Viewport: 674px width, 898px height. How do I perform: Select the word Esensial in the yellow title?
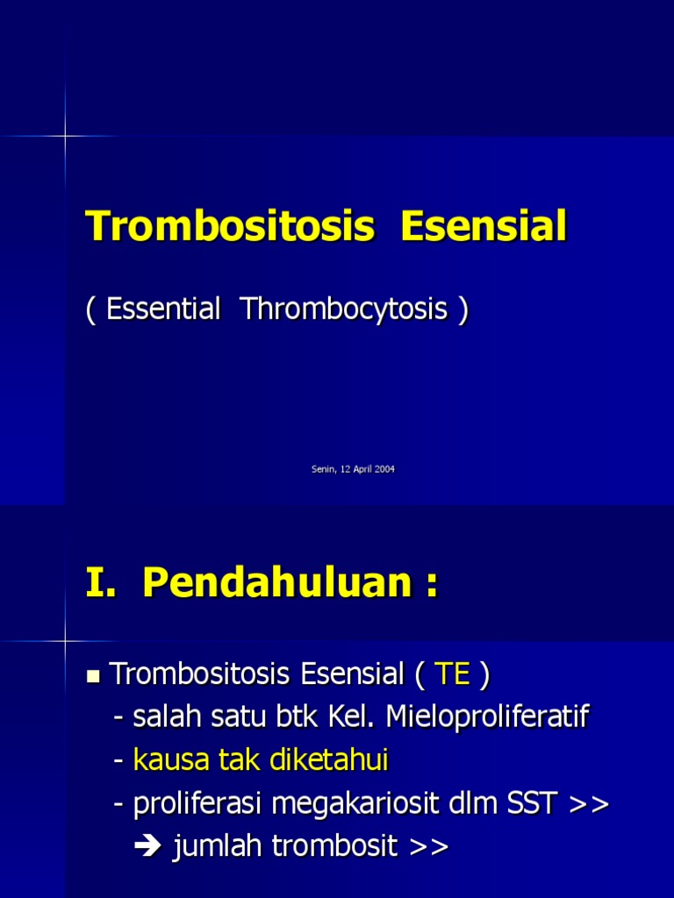click(484, 227)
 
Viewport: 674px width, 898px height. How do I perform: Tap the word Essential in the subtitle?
click(163, 310)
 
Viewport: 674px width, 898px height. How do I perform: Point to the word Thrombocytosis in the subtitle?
click(344, 310)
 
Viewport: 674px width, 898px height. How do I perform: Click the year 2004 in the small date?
click(384, 469)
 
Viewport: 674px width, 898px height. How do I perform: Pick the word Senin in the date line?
click(323, 469)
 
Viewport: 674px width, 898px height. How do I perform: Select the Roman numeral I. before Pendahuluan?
click(102, 583)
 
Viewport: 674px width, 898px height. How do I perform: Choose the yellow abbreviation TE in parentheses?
click(453, 675)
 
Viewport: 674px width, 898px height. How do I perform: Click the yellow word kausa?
click(171, 760)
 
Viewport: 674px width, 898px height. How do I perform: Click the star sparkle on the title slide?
click(66, 136)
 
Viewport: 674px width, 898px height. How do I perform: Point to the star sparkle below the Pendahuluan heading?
click(66, 641)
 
